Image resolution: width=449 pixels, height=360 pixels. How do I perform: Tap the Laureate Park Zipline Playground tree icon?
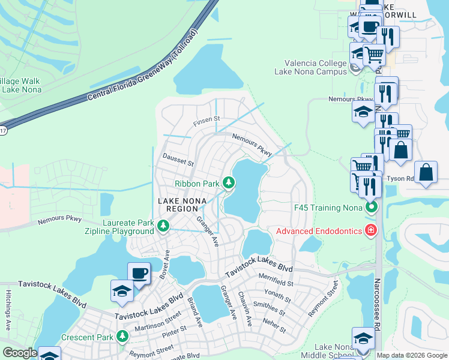coord(163,226)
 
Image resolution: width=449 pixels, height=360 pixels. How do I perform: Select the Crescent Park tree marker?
coord(123,336)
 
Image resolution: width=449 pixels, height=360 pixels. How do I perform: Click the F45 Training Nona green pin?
coord(372,208)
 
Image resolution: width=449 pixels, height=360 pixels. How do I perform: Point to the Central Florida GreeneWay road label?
coord(142,66)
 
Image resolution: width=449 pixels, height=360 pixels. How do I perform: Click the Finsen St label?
coord(207,122)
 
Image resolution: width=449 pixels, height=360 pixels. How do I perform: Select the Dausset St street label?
coord(178,160)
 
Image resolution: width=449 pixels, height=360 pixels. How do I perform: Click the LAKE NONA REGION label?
coord(178,205)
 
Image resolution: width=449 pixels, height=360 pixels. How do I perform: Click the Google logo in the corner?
coord(20,353)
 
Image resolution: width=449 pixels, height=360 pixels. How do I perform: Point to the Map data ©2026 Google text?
coord(412,355)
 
